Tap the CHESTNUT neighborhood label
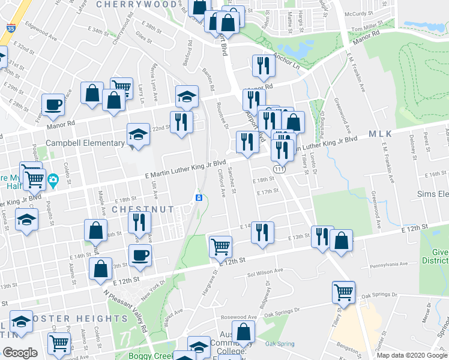coord(143,209)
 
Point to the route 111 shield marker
coord(277,170)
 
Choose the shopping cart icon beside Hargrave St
coord(220,245)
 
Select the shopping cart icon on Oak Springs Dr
coord(344,292)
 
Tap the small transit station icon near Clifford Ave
coord(199,197)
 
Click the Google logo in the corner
coord(20,353)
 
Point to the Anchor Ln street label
coord(286,58)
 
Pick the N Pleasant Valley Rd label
coord(126,312)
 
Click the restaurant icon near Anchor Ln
coord(262,65)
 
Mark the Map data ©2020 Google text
coord(412,355)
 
